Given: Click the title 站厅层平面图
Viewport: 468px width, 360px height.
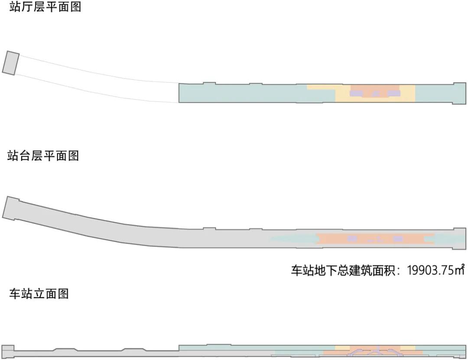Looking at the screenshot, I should [45, 7].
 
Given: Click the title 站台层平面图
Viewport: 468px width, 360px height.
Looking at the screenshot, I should [43, 156].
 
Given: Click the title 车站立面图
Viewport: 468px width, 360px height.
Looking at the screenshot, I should [39, 294].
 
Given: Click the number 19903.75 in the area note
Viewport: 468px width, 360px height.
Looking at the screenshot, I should [430, 270].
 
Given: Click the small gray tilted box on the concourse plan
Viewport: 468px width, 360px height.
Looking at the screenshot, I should [11, 63].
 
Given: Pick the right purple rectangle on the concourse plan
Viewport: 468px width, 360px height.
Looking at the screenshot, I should [393, 93].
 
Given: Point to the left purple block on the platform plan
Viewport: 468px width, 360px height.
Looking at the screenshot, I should [352, 239].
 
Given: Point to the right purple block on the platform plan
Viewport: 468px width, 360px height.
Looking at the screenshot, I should [398, 239].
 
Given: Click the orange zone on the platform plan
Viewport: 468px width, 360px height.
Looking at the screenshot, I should [329, 239].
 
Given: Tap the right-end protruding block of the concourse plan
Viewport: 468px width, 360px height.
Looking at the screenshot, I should [459, 93].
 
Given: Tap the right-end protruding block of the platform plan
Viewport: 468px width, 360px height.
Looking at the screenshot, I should [459, 238].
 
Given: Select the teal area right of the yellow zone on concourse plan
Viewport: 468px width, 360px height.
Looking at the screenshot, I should [433, 93].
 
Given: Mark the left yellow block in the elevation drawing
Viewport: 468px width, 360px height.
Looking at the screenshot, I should [342, 348].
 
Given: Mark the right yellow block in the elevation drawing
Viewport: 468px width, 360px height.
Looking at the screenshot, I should [407, 348].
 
